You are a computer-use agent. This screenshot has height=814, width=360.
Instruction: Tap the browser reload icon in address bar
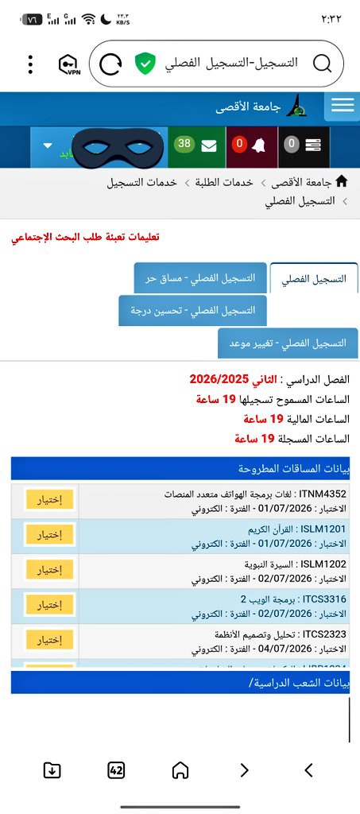pyautogui.click(x=112, y=64)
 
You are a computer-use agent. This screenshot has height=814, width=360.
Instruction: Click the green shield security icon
pyautogui.click(x=144, y=64)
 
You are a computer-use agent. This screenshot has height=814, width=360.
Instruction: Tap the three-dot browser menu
pyautogui.click(x=30, y=64)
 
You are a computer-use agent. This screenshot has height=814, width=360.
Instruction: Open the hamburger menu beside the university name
pyautogui.click(x=343, y=107)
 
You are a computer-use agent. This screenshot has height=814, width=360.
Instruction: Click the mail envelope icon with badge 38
pyautogui.click(x=209, y=146)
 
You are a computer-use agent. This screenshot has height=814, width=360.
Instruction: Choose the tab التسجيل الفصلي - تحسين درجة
pyautogui.click(x=192, y=310)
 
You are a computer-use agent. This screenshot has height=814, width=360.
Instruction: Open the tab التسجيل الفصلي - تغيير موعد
pyautogui.click(x=288, y=343)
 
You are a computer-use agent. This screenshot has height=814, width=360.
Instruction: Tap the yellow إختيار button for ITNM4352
pyautogui.click(x=49, y=499)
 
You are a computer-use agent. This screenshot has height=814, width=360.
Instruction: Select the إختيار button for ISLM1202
pyautogui.click(x=49, y=569)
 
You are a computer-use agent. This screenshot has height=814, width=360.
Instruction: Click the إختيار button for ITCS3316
pyautogui.click(x=49, y=604)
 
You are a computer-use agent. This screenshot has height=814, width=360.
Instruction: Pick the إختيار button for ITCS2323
pyautogui.click(x=49, y=639)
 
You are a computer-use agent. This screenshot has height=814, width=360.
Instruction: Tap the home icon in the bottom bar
pyautogui.click(x=180, y=769)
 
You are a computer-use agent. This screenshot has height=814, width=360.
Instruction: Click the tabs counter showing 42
pyautogui.click(x=116, y=769)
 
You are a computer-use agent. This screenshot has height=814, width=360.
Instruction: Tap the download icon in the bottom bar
pyautogui.click(x=52, y=769)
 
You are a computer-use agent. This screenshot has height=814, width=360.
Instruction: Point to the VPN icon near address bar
pyautogui.click(x=70, y=64)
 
